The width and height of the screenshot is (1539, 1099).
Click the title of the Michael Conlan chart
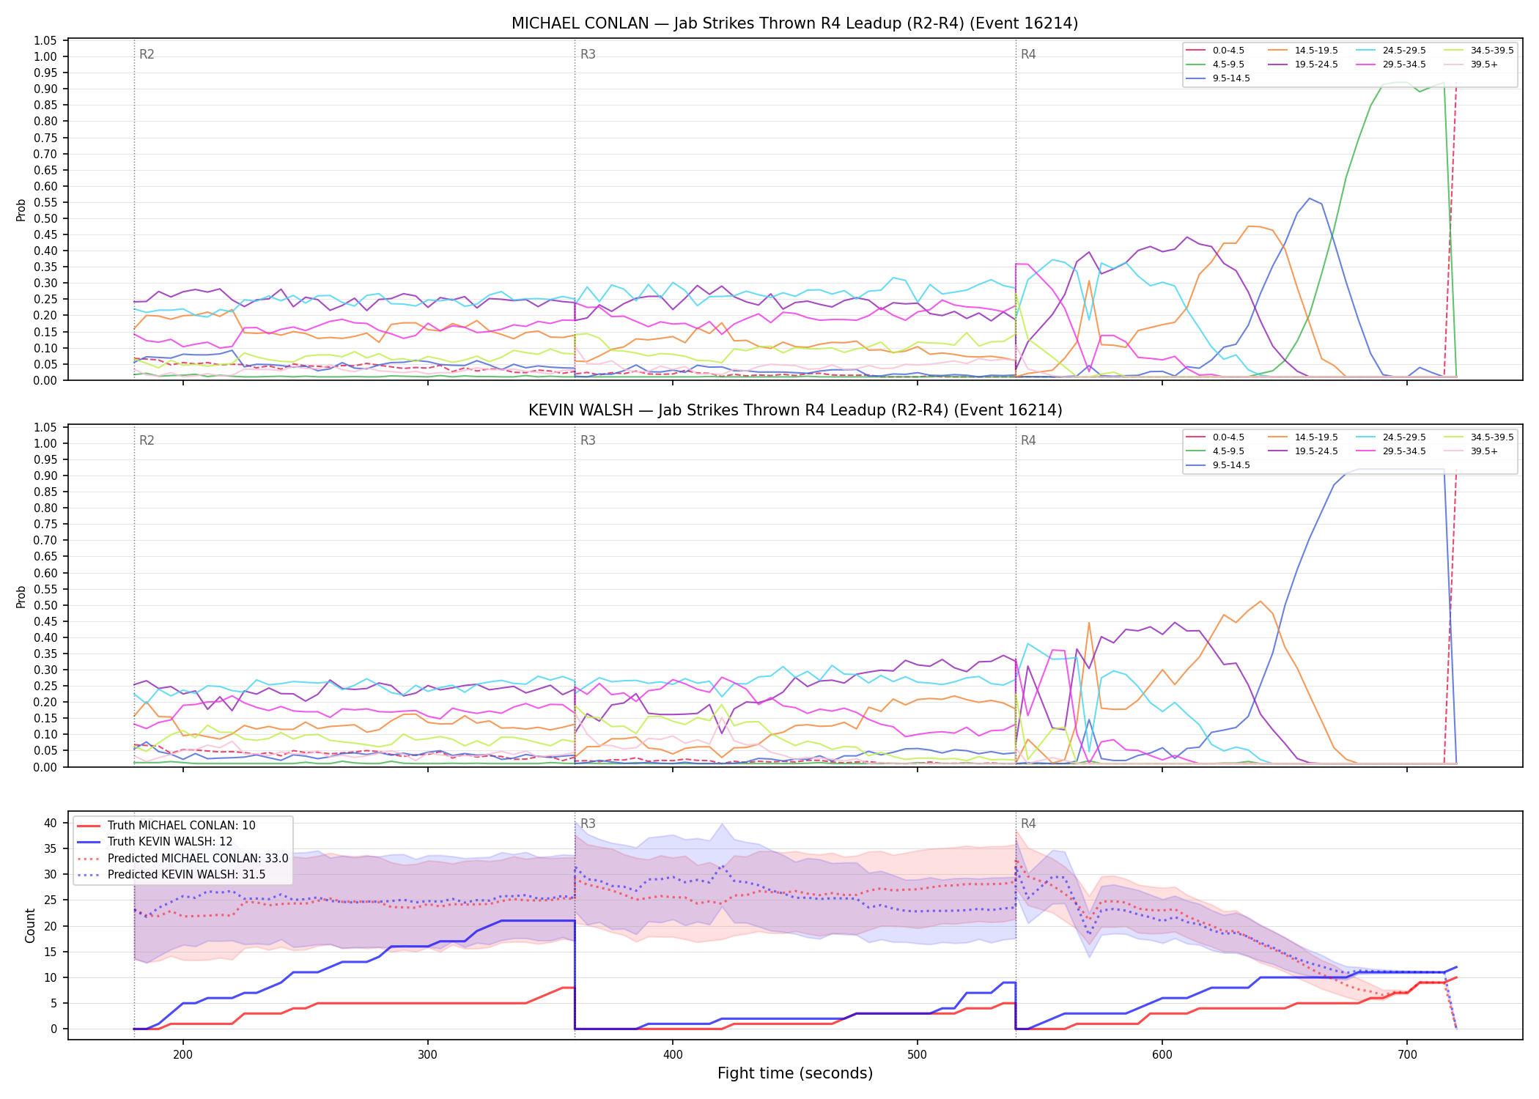[794, 23]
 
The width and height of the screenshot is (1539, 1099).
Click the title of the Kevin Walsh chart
[795, 410]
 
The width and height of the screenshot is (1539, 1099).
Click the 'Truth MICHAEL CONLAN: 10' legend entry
[166, 826]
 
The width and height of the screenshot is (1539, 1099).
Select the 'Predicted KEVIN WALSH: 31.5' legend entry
[171, 875]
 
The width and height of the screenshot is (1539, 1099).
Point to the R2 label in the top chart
[147, 54]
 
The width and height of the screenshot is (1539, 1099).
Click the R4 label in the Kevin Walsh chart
[1028, 440]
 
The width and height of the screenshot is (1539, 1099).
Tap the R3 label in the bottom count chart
[588, 824]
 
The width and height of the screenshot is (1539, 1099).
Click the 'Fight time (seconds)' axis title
[795, 1073]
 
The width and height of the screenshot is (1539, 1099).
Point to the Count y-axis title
[30, 925]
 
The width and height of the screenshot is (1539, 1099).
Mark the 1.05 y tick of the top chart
[45, 40]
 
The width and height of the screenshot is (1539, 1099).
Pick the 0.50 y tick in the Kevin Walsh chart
[45, 605]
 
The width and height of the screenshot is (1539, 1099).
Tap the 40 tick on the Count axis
[51, 823]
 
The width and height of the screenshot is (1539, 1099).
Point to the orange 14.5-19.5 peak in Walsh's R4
[1261, 602]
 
